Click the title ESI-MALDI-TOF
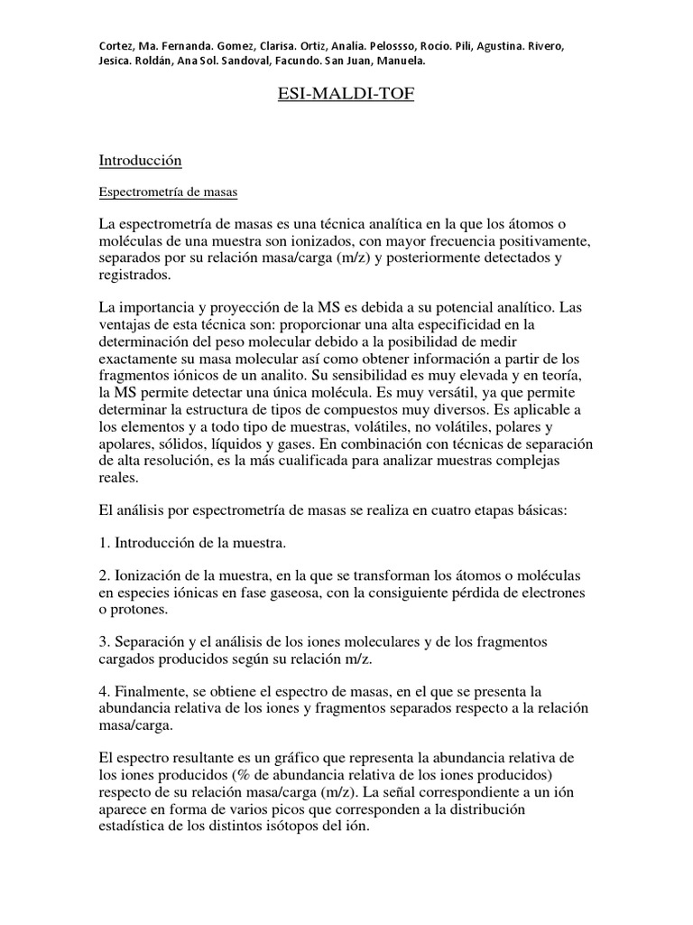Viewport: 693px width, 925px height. pyautogui.click(x=346, y=93)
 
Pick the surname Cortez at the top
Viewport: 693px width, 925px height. pyautogui.click(x=118, y=46)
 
